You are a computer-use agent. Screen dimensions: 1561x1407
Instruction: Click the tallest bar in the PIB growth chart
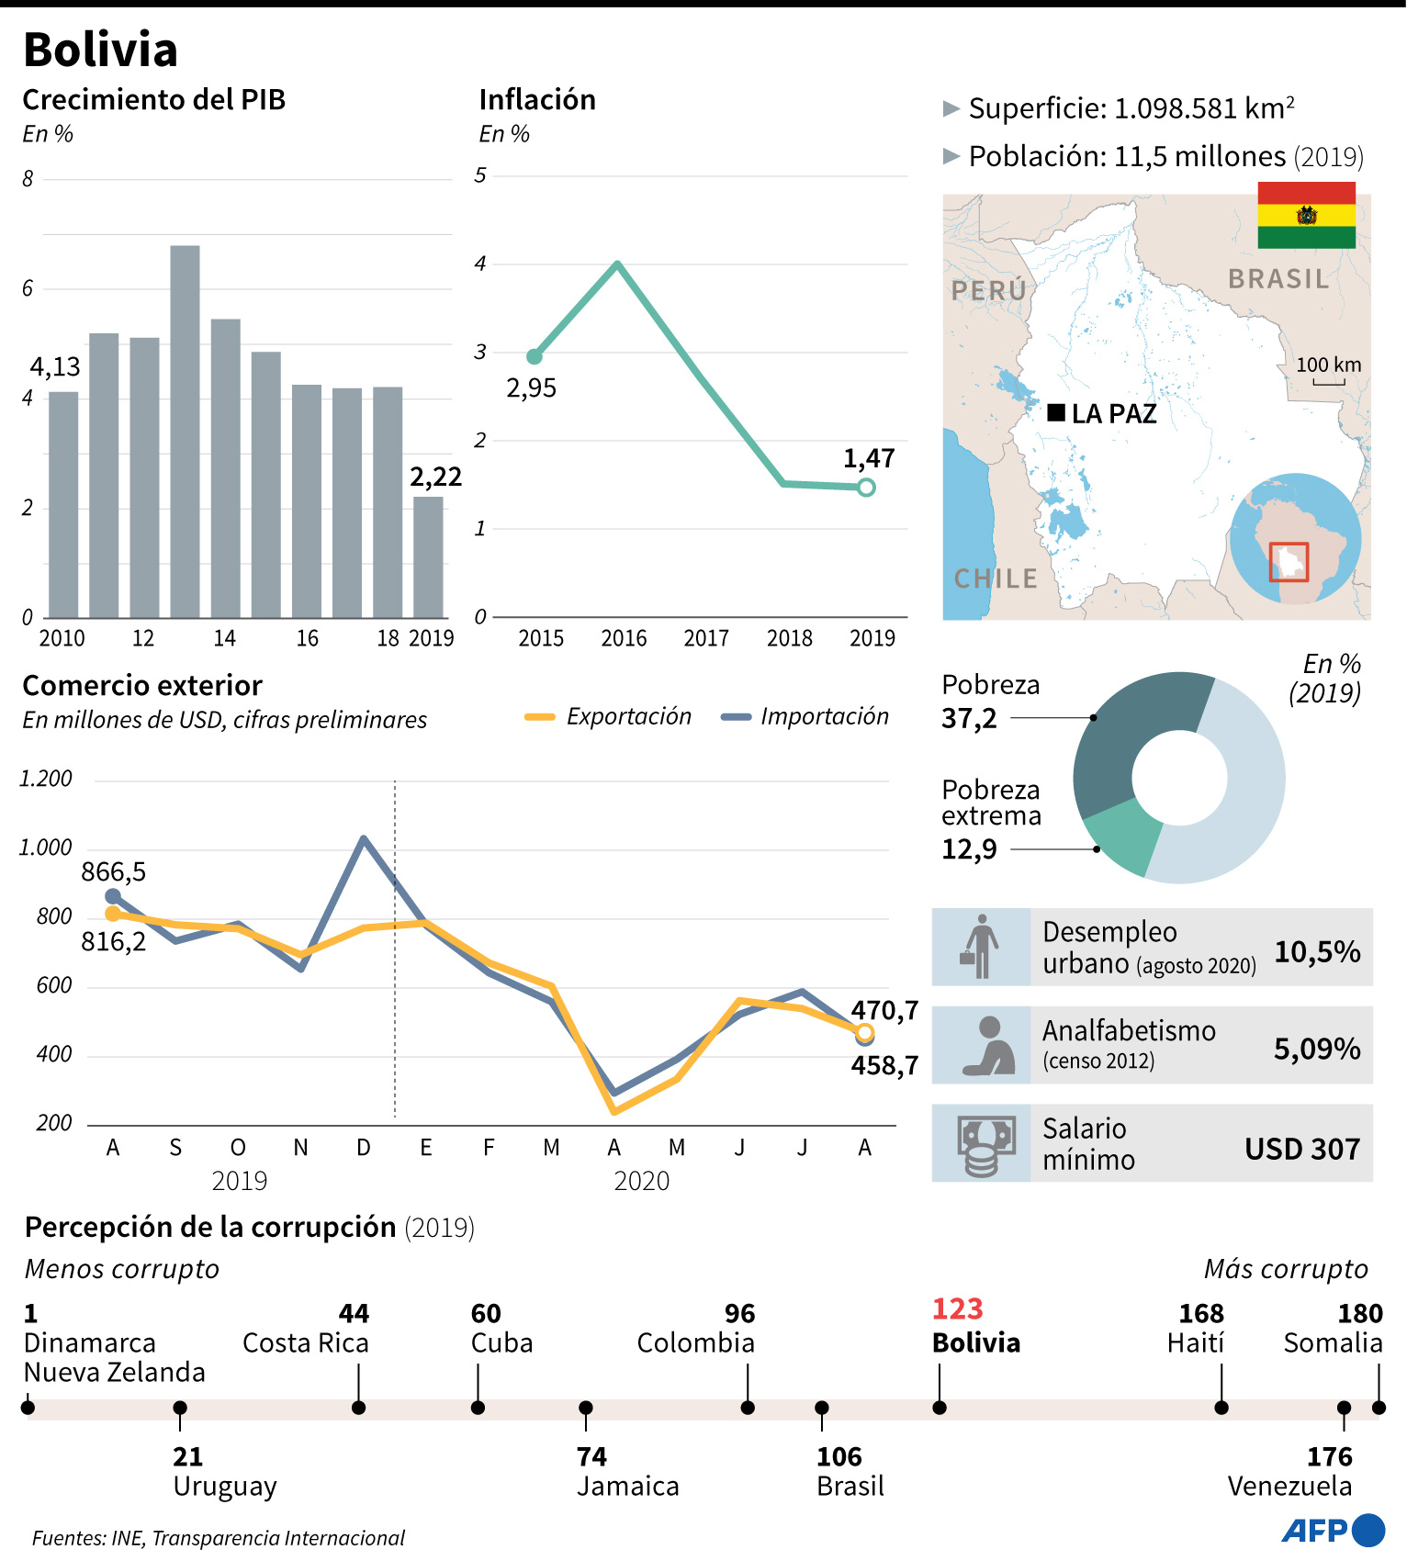tap(185, 432)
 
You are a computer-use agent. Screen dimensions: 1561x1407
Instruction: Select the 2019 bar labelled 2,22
tap(428, 556)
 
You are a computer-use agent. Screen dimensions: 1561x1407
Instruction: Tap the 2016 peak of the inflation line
tap(618, 264)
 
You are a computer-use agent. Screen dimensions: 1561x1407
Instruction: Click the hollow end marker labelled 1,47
tap(866, 488)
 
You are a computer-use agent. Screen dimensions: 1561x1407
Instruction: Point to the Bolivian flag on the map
tap(1306, 215)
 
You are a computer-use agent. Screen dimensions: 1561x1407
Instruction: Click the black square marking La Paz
tap(1056, 413)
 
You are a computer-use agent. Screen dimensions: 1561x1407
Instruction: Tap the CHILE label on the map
tap(996, 578)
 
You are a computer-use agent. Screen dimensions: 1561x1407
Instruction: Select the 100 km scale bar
tap(1328, 380)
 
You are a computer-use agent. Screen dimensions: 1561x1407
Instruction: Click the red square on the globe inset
tap(1289, 562)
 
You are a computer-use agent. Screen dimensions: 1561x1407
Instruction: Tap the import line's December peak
tap(364, 838)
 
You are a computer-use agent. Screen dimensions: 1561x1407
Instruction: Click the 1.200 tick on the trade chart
tap(46, 779)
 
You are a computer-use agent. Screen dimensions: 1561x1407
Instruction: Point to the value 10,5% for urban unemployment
tap(1317, 951)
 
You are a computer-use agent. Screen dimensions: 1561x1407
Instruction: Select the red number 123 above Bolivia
tap(957, 1308)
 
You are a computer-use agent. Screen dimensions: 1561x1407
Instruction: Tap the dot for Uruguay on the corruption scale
tap(180, 1408)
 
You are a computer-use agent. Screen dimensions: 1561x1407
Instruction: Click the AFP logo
tap(1333, 1530)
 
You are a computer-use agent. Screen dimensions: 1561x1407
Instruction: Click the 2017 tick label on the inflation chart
tap(706, 638)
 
